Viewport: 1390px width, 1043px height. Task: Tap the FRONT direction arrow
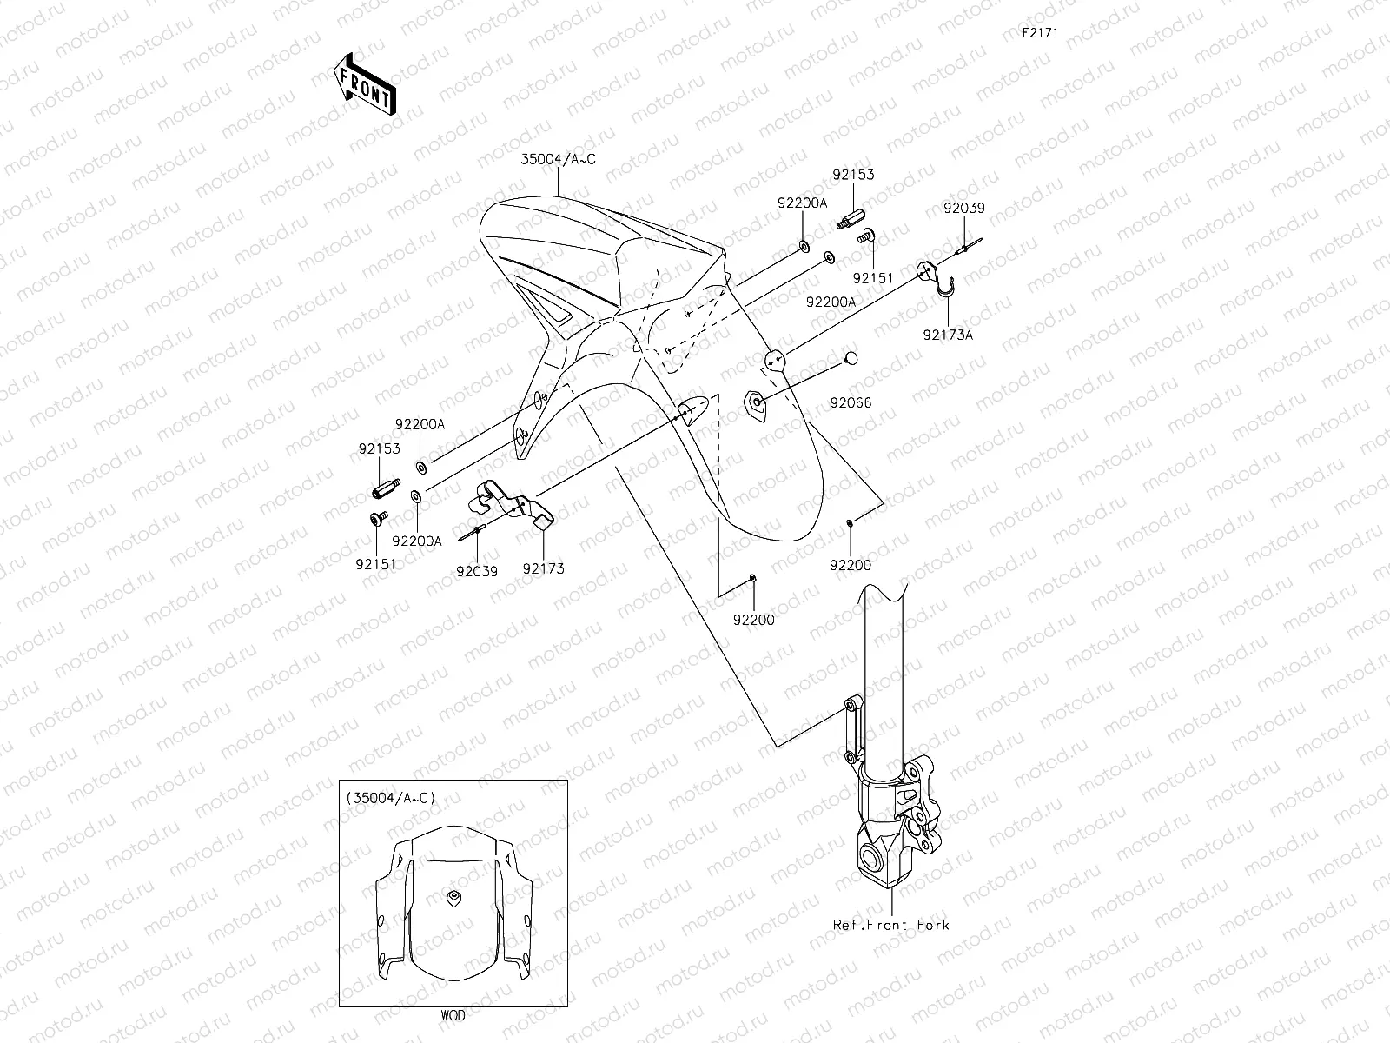pyautogui.click(x=364, y=84)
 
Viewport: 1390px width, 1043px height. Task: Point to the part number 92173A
pyautogui.click(x=948, y=335)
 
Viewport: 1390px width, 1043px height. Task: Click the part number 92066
pyautogui.click(x=850, y=402)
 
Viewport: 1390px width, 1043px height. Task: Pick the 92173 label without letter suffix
pyautogui.click(x=543, y=569)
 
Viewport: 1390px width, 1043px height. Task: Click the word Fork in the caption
pyautogui.click(x=933, y=925)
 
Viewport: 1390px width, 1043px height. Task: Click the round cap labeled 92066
pyautogui.click(x=851, y=359)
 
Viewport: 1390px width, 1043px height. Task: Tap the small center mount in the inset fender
pyautogui.click(x=452, y=897)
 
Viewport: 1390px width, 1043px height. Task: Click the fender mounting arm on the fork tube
pyautogui.click(x=850, y=726)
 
